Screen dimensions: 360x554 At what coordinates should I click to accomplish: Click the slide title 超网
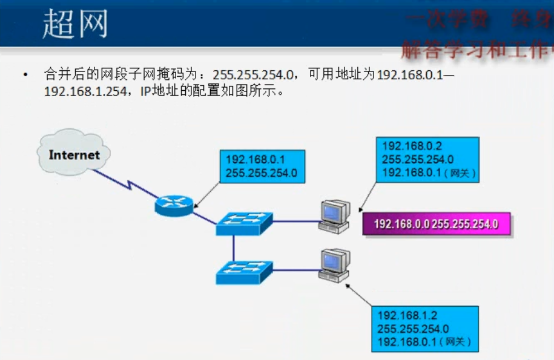(75, 24)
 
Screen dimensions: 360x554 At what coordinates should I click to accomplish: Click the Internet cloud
(74, 154)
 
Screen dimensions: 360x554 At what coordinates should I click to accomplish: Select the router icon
(174, 205)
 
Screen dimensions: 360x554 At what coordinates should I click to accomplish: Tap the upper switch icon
(245, 223)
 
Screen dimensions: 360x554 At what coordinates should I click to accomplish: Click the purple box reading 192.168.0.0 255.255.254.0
(436, 224)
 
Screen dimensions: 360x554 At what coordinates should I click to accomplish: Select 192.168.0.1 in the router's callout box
(255, 160)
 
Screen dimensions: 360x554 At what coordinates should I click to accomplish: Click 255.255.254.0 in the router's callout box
(262, 173)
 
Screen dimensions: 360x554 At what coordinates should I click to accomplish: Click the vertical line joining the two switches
(233, 248)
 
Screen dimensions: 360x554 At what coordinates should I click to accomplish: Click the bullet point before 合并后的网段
(25, 75)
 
